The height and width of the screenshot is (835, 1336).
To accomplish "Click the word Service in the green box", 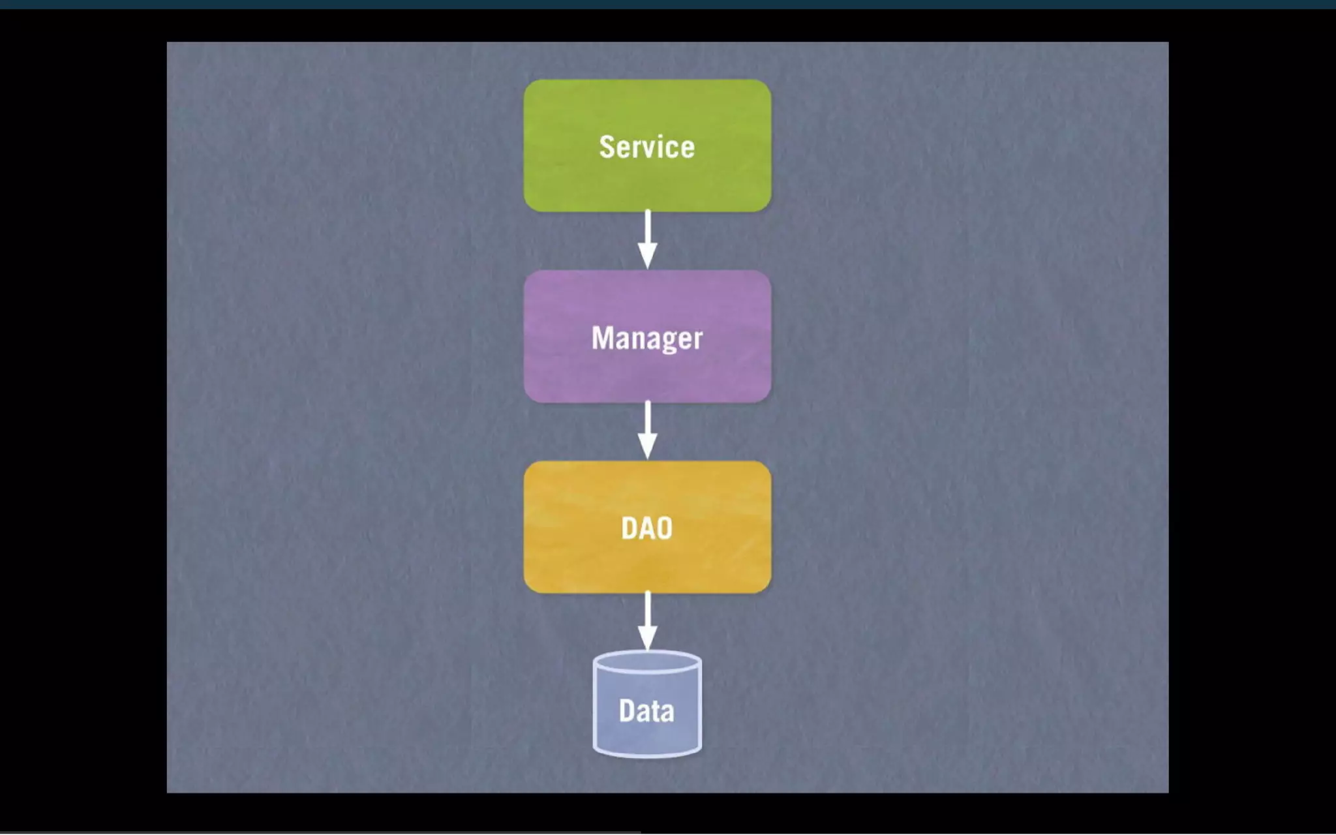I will pyautogui.click(x=646, y=147).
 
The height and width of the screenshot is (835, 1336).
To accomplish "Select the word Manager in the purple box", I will pyautogui.click(x=646, y=338).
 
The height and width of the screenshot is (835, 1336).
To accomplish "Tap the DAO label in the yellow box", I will pyautogui.click(x=646, y=528).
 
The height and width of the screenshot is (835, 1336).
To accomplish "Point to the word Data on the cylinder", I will pyautogui.click(x=646, y=710).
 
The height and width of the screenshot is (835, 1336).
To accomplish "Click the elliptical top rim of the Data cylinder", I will pyautogui.click(x=647, y=662).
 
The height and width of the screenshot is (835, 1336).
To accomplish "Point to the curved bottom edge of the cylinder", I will pyautogui.click(x=647, y=754).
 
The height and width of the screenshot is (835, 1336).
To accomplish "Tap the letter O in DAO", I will pyautogui.click(x=664, y=528).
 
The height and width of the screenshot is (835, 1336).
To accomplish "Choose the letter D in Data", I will pyautogui.click(x=627, y=710).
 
